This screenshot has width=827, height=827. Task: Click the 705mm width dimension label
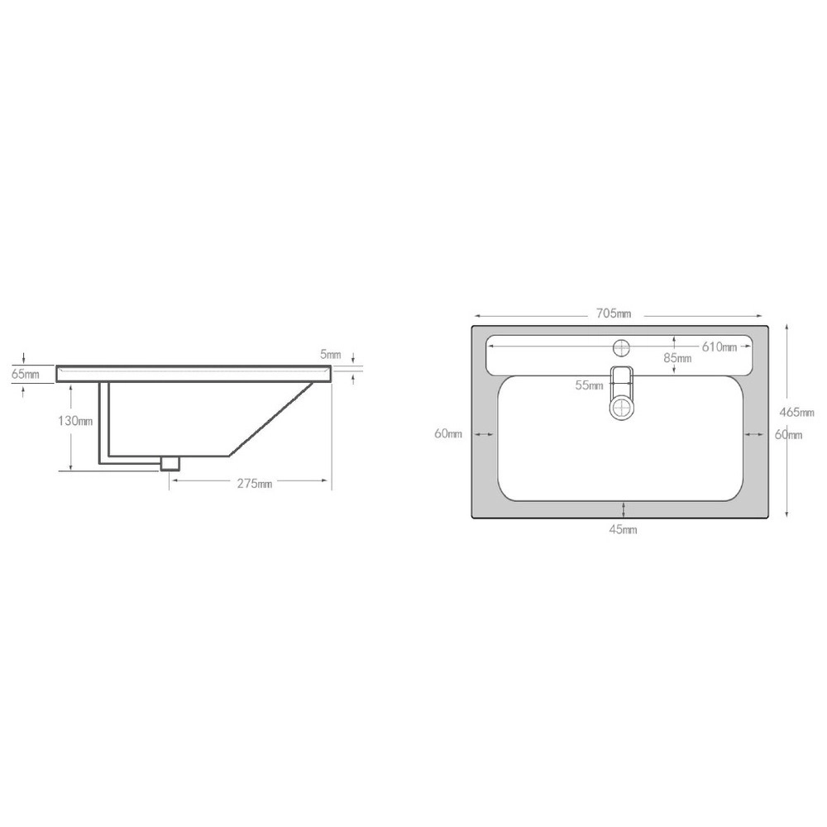(x=614, y=313)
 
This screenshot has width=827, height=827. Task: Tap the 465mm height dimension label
(x=796, y=413)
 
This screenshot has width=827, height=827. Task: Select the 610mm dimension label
(x=719, y=347)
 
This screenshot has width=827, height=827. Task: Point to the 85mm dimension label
(x=677, y=357)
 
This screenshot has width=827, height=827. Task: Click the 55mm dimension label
(x=589, y=385)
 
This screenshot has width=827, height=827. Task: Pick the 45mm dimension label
(x=623, y=529)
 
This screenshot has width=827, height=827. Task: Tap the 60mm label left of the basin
(x=447, y=433)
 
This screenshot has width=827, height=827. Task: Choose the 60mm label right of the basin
(x=788, y=435)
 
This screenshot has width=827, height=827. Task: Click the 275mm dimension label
(x=254, y=483)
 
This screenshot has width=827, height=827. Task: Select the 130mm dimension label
(x=75, y=421)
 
